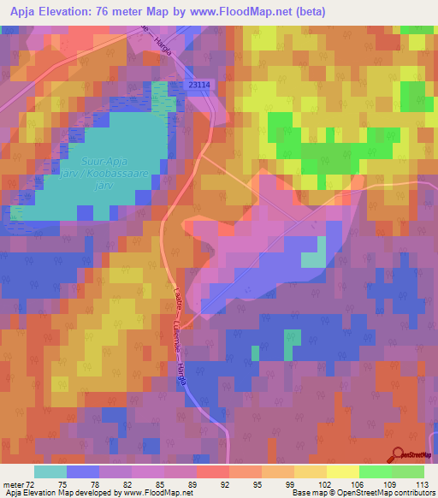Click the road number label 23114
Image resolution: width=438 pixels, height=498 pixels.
click(x=203, y=85)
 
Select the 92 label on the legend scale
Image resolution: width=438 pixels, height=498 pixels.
click(x=225, y=483)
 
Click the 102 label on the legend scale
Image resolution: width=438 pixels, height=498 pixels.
click(x=324, y=483)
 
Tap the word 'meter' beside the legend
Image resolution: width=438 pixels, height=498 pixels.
click(x=11, y=483)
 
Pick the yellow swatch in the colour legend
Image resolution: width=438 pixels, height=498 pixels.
click(x=342, y=471)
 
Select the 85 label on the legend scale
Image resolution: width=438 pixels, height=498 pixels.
click(x=159, y=483)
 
